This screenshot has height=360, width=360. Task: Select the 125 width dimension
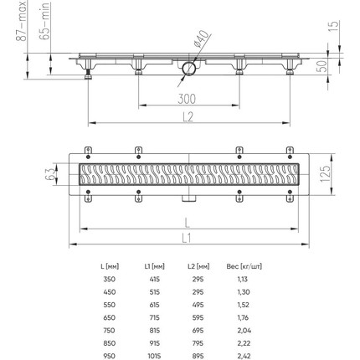point(325,177)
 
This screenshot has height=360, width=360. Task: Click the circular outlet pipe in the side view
point(188,69)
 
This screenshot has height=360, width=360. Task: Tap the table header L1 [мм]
point(154,266)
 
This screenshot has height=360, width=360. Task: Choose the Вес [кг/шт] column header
point(244,266)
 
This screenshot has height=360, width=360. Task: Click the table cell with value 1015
point(154,356)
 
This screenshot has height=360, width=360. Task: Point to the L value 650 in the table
point(110,317)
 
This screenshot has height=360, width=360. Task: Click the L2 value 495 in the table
point(198,305)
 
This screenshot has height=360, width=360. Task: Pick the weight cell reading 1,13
point(244,279)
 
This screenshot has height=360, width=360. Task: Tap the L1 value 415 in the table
point(154,279)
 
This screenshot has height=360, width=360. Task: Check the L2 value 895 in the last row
point(198,356)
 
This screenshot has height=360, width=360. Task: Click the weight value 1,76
point(244,317)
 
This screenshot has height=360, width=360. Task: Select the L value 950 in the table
point(110,356)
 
